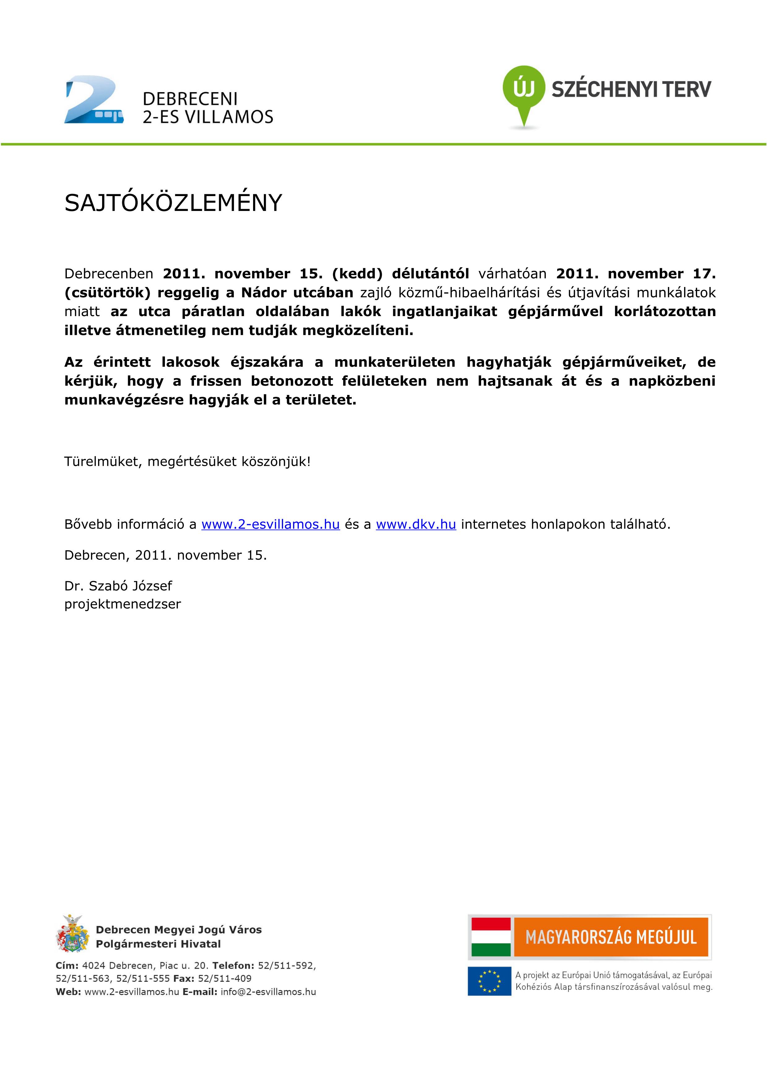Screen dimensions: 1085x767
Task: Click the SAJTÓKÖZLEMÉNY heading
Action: pyautogui.click(x=173, y=203)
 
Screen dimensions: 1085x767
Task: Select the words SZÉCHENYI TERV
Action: pyautogui.click(x=631, y=89)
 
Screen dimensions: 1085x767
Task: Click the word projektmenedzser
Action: pyautogui.click(x=123, y=604)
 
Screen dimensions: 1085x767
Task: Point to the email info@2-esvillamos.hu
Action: pyautogui.click(x=268, y=992)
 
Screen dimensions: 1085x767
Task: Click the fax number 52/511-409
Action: pyautogui.click(x=225, y=979)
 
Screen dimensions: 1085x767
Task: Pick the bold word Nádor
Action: pyautogui.click(x=264, y=293)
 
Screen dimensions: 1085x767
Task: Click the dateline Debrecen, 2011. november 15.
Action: pyautogui.click(x=166, y=555)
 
